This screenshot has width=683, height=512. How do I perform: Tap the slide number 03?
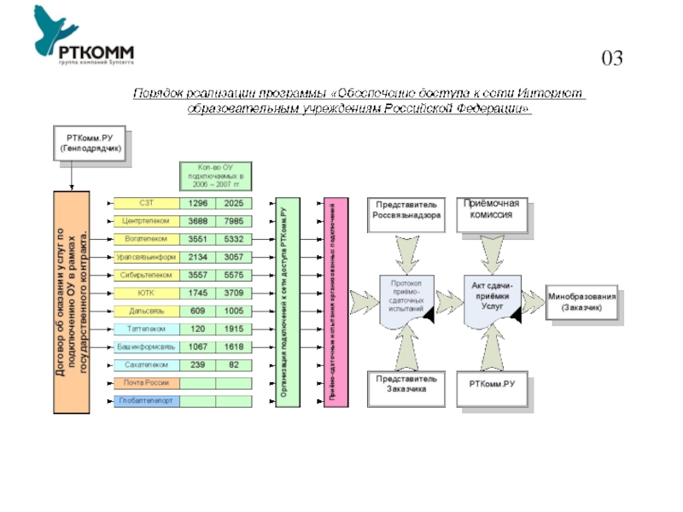point(611,59)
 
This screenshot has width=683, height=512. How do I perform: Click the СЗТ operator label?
point(146,203)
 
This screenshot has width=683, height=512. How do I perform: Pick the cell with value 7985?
point(233,221)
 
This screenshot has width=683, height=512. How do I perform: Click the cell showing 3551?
point(197,239)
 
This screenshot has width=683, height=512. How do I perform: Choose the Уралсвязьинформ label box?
point(146,257)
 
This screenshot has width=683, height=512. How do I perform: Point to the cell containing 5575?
point(233,275)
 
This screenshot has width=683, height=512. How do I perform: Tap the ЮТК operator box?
point(146,293)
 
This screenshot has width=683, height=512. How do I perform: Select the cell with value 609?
point(197,311)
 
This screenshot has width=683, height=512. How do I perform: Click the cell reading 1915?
point(233,329)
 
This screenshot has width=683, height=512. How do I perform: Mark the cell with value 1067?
point(197,347)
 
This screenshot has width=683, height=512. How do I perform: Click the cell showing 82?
point(233,364)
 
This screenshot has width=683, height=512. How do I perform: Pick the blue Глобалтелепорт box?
point(146,400)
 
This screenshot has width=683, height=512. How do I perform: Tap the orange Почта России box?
point(146,382)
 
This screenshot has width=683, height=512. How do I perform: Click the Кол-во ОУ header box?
point(214,175)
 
